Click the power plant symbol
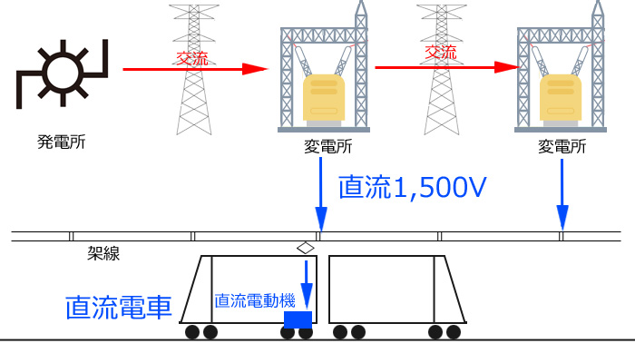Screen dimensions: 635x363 coord(63,74)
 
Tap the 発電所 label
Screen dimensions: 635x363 coord(61,142)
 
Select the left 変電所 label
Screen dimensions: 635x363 coord(327,147)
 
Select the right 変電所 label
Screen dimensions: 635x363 coord(562,147)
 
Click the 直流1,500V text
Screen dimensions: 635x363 coord(412,187)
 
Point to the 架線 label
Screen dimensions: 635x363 coord(103,253)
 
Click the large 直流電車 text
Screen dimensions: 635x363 coord(118,307)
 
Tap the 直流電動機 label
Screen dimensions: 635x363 coord(255,300)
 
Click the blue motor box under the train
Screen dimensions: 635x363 coord(298,319)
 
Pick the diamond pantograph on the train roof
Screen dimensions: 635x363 coord(306,248)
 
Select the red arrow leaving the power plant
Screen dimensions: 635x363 coord(195,69)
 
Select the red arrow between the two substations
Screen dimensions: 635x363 coord(447,67)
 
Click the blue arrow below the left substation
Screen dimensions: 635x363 coord(321,194)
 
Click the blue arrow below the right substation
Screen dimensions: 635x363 coord(562,194)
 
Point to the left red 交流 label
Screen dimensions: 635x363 coord(192,58)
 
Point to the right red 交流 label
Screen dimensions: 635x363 coord(441,52)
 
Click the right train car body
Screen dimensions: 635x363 coord(397,289)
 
